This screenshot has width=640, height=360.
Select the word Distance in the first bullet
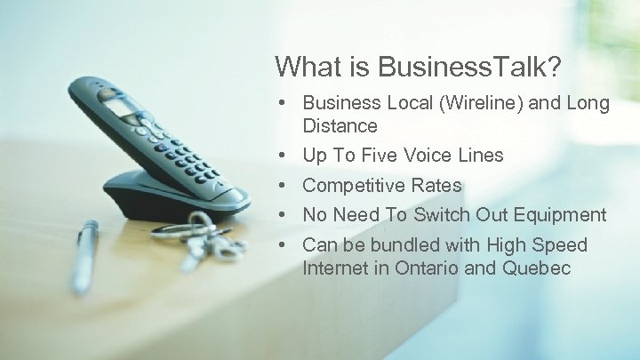tap(340, 126)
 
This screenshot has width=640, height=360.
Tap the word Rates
tap(436, 186)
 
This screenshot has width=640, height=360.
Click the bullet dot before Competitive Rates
tap(281, 186)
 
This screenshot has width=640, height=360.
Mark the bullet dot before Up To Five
tap(281, 156)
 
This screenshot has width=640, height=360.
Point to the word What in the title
tap(303, 67)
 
